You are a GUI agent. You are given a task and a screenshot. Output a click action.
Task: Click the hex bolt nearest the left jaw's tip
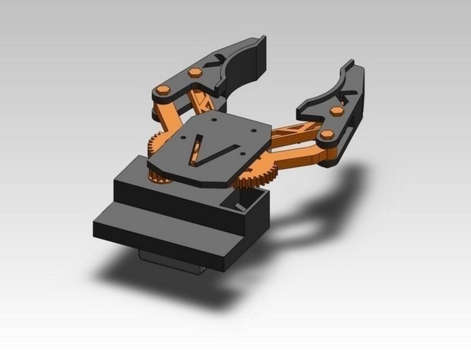click(195, 72)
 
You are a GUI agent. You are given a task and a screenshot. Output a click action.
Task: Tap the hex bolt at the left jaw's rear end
click(163, 91)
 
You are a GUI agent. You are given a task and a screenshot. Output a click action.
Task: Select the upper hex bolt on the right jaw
click(337, 111)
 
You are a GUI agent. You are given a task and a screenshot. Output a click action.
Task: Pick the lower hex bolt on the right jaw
click(327, 135)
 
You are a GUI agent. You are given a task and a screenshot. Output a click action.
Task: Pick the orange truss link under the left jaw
click(204, 103)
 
